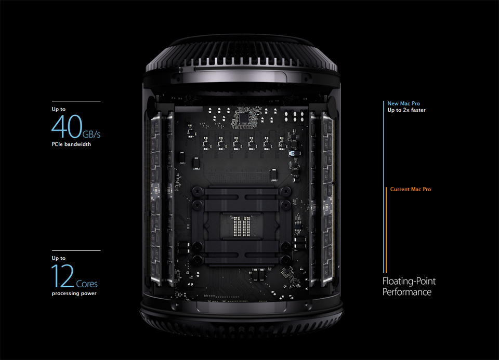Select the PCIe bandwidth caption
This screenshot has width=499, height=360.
pos(71,144)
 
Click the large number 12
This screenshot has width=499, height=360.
pos(62,276)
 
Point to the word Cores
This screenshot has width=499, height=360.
pos(86,284)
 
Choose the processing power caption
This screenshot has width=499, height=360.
pos(74,294)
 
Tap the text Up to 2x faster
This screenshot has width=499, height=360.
pos(406,110)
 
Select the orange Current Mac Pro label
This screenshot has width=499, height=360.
pos(411,189)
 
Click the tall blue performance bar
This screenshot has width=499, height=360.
pos(384,187)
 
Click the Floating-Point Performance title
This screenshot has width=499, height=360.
pos(409,287)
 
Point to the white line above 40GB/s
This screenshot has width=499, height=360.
pos(76,101)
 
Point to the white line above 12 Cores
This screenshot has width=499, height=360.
pos(76,250)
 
